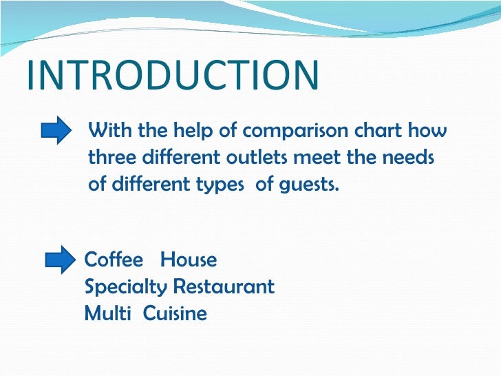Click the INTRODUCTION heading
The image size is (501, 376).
[x=172, y=76]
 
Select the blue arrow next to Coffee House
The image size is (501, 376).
[x=59, y=260]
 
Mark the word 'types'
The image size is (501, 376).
[x=226, y=185]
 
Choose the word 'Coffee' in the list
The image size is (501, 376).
[x=114, y=260]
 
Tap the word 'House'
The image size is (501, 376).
[x=189, y=260]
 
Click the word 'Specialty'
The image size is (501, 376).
[x=126, y=286]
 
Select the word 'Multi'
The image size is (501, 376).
[x=106, y=313]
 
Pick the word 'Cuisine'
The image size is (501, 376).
[x=175, y=313]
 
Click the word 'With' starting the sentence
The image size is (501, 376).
[x=111, y=129]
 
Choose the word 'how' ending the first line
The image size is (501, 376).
[x=429, y=129]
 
